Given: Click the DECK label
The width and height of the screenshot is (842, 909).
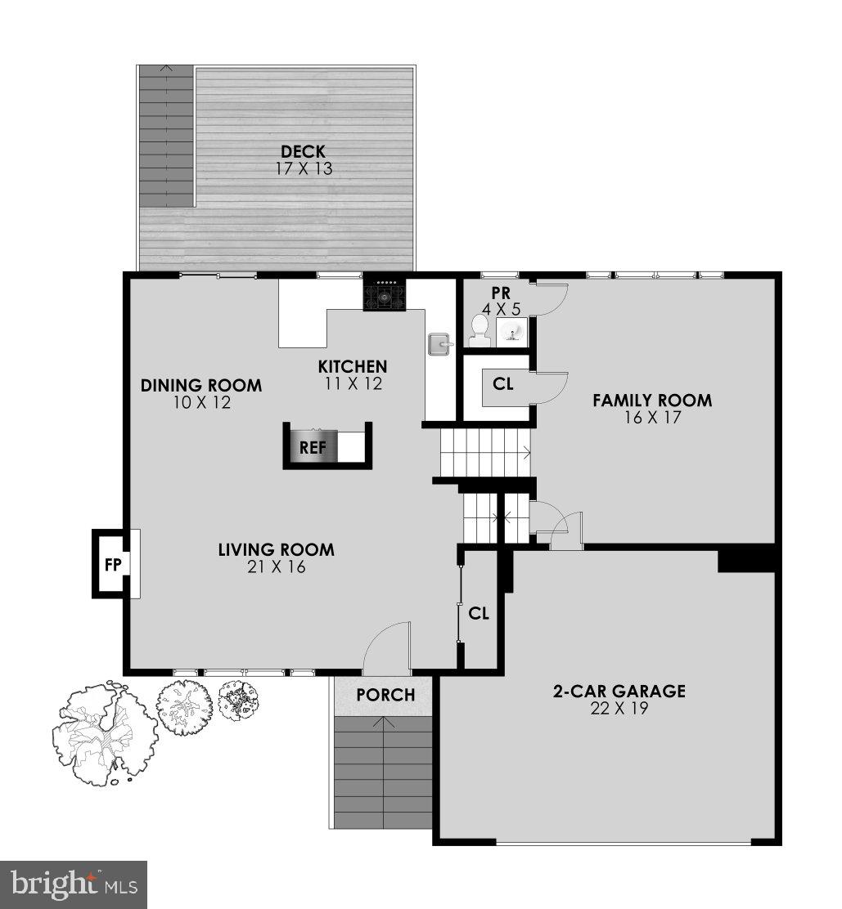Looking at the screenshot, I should click(303, 151).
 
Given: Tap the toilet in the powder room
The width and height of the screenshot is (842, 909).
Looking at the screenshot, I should click(479, 329).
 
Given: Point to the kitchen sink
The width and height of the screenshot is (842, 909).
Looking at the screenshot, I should click(439, 344).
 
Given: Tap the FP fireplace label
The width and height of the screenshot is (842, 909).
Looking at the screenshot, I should click(111, 564).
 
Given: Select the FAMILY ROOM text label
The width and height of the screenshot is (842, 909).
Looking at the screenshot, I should click(652, 401).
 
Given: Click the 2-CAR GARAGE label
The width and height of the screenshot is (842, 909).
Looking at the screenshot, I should click(619, 692).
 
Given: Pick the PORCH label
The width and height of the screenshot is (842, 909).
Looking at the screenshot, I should click(385, 695).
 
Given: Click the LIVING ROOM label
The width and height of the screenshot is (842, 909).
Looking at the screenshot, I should click(276, 549).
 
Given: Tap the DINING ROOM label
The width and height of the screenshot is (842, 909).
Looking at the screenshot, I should click(201, 385).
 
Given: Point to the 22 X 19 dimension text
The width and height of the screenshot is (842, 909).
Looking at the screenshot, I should click(619, 709).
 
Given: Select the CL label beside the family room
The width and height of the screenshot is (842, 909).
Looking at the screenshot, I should click(503, 383).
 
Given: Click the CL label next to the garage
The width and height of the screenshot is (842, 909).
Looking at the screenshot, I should click(479, 612).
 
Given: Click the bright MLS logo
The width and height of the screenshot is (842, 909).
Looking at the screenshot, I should click(73, 884).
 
